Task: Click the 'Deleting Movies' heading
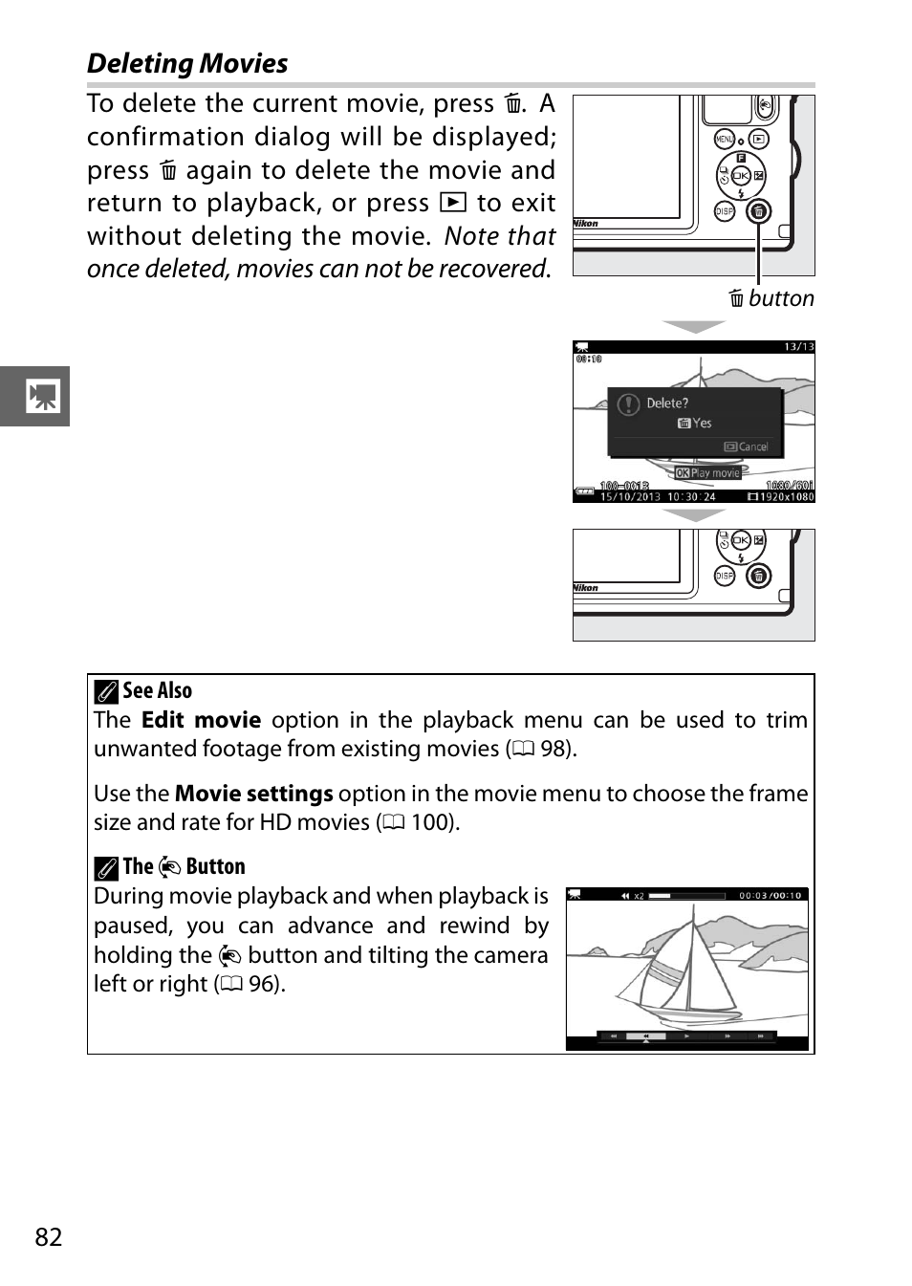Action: pos(187,64)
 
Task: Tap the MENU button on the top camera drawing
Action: pos(724,140)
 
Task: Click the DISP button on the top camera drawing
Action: pos(725,211)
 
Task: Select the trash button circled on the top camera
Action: pos(758,211)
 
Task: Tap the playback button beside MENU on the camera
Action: pos(758,140)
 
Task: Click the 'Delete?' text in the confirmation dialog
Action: pos(666,403)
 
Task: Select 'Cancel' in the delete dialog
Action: pos(752,447)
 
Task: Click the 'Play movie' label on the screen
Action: pos(714,473)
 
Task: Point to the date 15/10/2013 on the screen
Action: pos(630,497)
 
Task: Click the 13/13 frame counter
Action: pos(798,347)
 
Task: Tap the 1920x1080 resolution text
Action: pos(786,497)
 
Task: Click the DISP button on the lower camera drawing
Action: pos(725,576)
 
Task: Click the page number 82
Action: pos(49,1237)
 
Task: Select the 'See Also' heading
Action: pos(157,691)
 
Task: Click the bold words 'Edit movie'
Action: pos(201,721)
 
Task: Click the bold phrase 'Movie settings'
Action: pos(253,795)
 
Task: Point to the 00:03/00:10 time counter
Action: pos(770,896)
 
